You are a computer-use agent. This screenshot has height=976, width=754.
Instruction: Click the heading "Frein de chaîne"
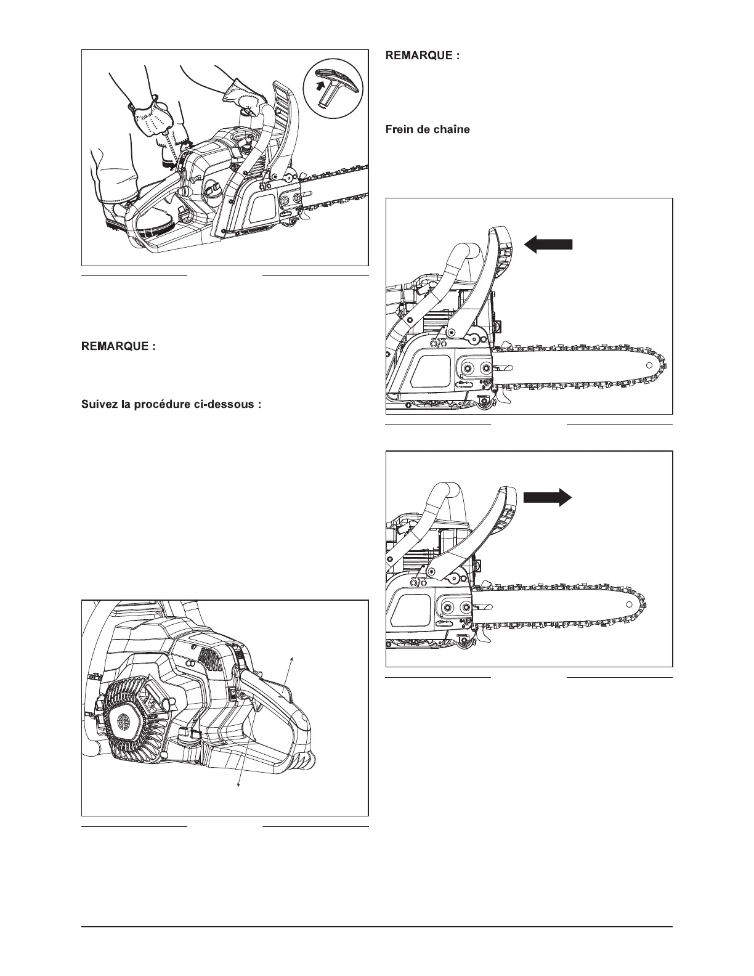[x=427, y=130]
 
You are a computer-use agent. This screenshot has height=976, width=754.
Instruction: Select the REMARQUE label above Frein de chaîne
[x=423, y=55]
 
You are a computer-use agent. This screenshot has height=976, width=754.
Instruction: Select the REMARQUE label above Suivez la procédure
[x=119, y=346]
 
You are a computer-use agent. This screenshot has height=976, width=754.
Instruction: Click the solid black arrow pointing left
[x=548, y=245]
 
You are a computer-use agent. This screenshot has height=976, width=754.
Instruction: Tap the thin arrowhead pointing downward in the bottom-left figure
[x=239, y=784]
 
